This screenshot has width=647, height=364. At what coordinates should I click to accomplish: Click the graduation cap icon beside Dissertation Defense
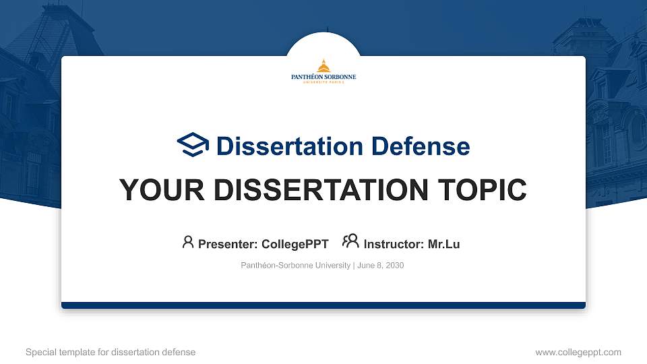point(193,145)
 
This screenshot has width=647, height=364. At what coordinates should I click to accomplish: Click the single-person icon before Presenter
point(188,242)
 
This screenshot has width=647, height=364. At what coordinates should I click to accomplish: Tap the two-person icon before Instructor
point(350,241)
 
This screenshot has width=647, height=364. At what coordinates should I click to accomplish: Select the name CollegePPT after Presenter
point(295,244)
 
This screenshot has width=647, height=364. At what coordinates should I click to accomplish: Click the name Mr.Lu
point(444,244)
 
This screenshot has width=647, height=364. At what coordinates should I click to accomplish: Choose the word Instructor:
point(394,244)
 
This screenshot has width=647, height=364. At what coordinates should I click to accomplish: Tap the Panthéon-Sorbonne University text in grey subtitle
point(295,266)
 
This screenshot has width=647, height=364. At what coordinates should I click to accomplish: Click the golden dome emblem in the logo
point(323,65)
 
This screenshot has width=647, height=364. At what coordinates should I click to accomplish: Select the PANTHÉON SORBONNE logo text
point(323,78)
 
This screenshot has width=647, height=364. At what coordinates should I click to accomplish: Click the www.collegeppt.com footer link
point(578,352)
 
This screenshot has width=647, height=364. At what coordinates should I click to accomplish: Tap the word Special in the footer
point(40,352)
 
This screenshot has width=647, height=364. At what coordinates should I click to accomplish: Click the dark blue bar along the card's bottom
point(323,305)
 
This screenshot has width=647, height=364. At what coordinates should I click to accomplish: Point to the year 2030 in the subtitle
point(395,266)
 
